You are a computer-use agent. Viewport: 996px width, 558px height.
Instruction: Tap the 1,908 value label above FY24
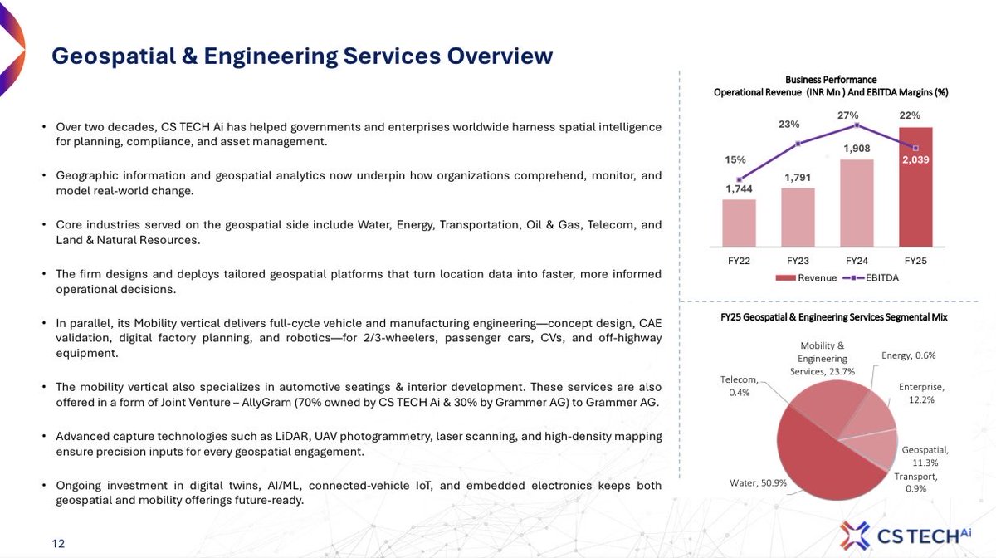point(857,149)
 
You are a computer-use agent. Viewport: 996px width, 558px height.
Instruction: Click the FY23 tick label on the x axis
point(798,260)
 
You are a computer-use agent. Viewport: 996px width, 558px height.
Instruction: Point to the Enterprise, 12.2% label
point(920,394)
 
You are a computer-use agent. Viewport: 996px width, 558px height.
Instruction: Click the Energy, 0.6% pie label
point(908,355)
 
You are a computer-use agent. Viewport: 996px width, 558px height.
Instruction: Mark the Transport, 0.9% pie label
point(915,482)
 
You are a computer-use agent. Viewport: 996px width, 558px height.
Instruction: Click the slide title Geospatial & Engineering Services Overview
point(302,56)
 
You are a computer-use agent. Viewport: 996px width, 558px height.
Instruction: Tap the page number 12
point(58,544)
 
